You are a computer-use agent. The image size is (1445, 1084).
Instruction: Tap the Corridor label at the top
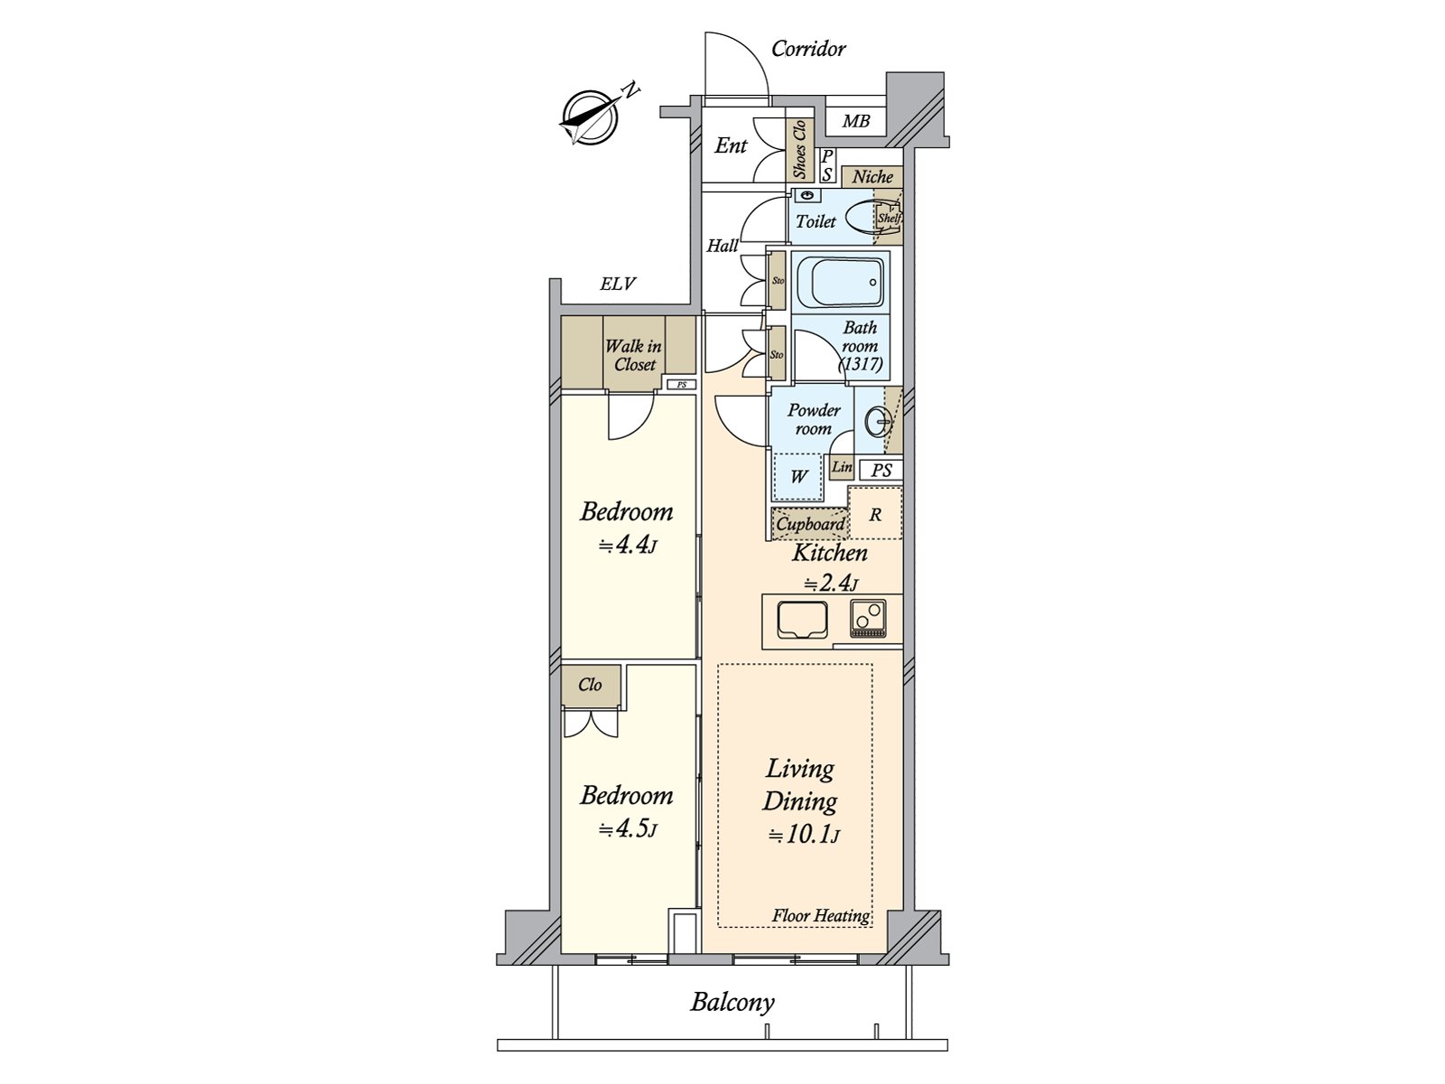coord(808,49)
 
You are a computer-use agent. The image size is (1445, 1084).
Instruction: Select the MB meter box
coord(855,120)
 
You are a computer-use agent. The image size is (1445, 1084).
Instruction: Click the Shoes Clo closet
coord(799,151)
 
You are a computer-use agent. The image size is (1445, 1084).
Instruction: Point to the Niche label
coord(872,177)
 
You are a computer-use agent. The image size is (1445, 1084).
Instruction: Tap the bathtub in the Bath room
coord(840,281)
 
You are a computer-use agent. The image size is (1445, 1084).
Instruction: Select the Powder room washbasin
coord(877,420)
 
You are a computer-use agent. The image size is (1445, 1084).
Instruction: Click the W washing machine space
coord(798,476)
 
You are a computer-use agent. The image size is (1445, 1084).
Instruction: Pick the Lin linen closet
coord(842,467)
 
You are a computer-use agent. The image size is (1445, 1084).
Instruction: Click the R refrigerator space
coord(875,515)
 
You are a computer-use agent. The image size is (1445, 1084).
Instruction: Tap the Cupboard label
coord(810,524)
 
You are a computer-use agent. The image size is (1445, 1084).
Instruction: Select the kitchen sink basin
coord(802,620)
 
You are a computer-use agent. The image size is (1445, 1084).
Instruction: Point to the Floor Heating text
coord(820,916)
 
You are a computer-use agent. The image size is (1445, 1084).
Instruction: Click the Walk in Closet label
coord(633,355)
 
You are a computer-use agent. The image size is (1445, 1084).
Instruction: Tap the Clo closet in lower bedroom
coord(591,685)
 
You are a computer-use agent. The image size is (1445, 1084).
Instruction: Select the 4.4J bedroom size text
coord(626,546)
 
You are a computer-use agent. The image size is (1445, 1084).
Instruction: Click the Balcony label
coord(732,1002)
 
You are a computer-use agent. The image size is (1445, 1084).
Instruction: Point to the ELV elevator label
coord(618,285)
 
